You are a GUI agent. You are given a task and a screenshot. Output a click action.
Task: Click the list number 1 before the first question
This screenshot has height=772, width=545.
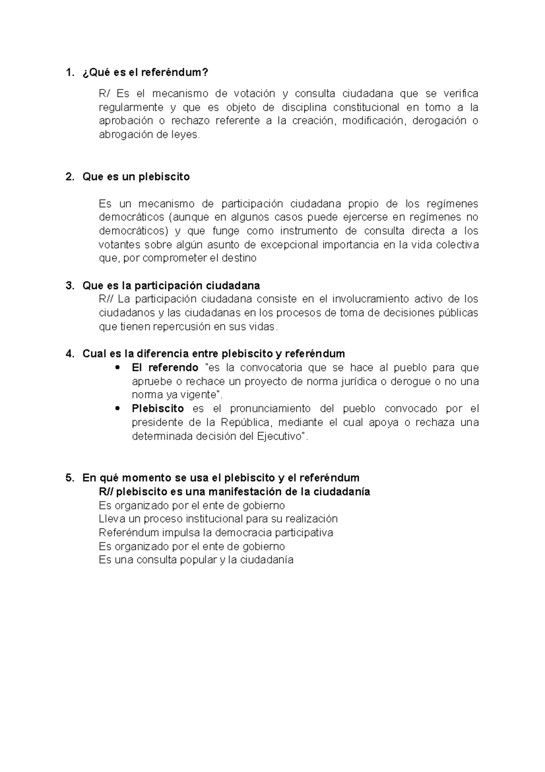coord(69,73)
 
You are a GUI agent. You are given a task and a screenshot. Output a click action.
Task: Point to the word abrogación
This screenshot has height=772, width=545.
coord(123,135)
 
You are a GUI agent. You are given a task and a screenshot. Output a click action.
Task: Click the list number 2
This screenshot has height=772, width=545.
coord(69,176)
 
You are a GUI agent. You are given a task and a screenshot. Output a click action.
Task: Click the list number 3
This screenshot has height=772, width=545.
coord(69,286)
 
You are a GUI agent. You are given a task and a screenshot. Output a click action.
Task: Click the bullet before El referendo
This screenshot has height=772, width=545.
coord(118,367)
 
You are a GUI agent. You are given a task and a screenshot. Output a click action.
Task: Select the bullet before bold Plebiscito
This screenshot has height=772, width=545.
coord(118,408)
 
